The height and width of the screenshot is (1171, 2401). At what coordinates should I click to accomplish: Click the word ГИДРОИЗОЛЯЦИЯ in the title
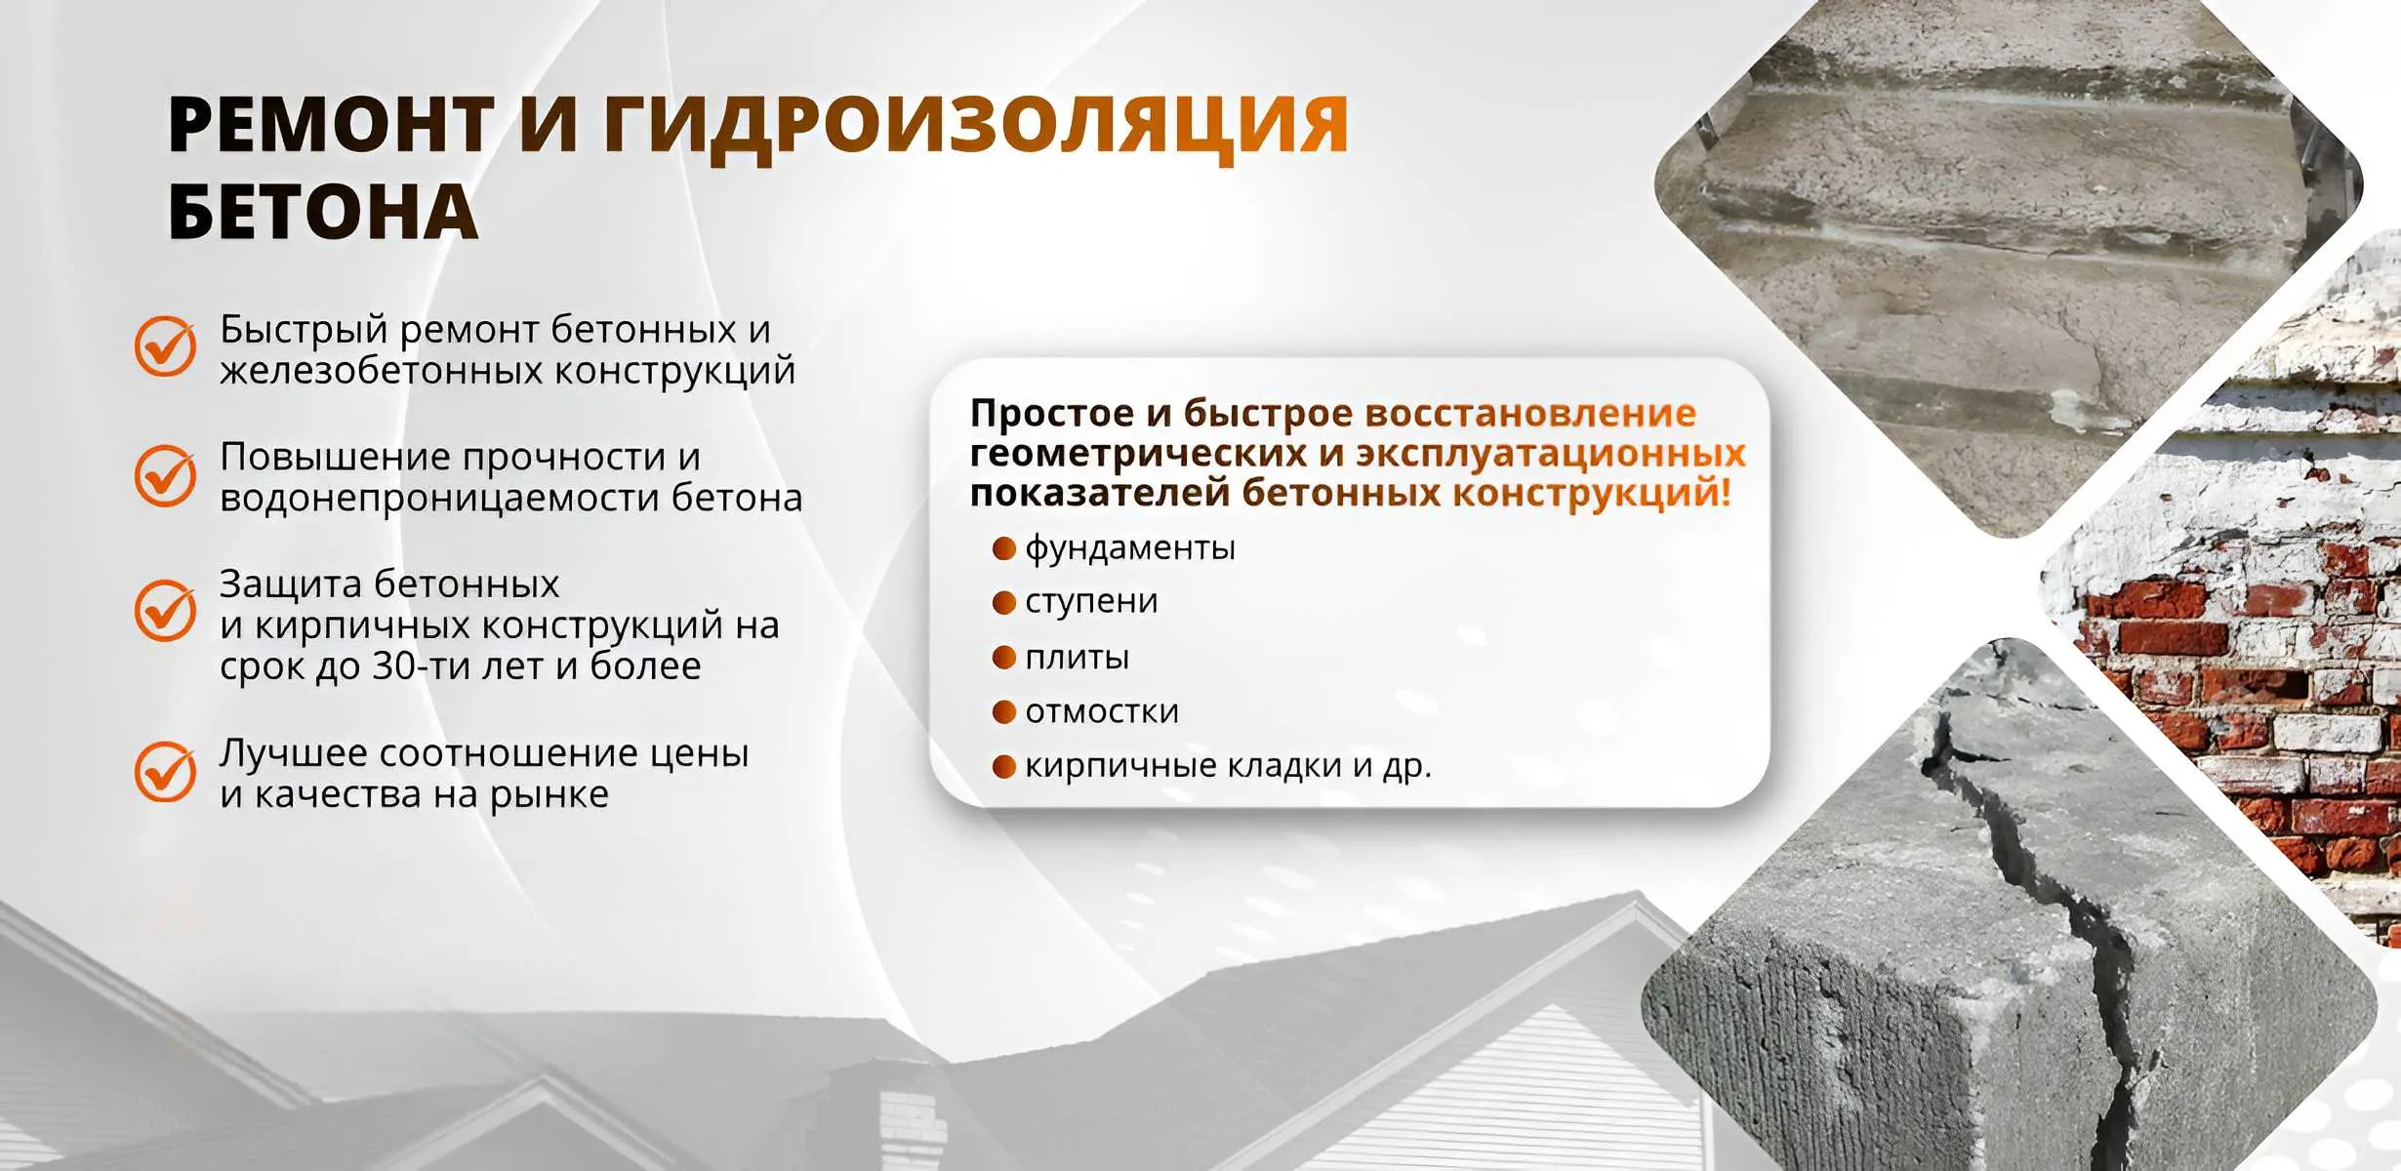(976, 127)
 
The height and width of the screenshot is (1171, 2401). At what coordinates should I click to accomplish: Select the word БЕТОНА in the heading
(323, 212)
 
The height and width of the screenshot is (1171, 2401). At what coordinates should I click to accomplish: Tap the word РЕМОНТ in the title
(331, 125)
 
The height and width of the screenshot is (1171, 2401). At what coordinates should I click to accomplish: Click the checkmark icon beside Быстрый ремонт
(165, 345)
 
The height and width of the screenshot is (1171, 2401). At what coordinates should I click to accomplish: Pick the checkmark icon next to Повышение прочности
(165, 475)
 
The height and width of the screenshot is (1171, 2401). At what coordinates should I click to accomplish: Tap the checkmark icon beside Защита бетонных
(165, 610)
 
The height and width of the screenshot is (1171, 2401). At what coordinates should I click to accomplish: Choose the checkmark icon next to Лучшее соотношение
(165, 771)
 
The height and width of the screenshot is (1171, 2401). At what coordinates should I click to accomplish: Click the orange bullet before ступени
(1004, 602)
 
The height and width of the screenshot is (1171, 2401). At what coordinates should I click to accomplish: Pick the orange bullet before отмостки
(1004, 711)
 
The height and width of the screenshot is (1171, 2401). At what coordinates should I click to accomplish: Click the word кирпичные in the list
(1120, 766)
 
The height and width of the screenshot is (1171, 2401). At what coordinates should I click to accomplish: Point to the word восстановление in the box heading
(1530, 414)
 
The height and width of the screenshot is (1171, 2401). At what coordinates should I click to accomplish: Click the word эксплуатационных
(1551, 455)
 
